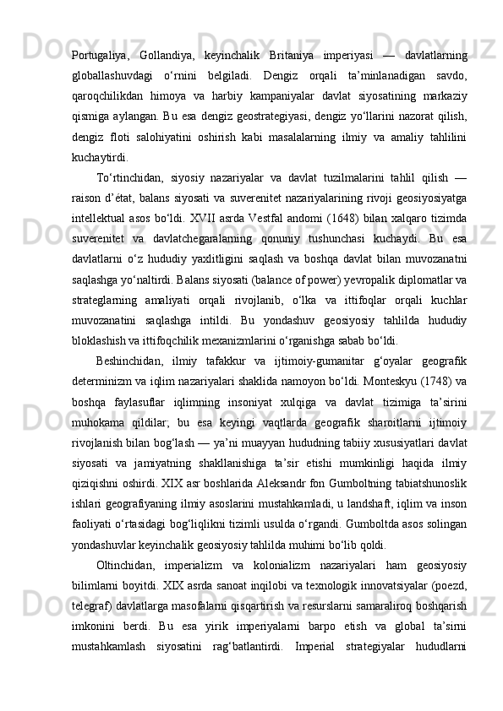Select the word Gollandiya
click(x=167, y=56)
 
